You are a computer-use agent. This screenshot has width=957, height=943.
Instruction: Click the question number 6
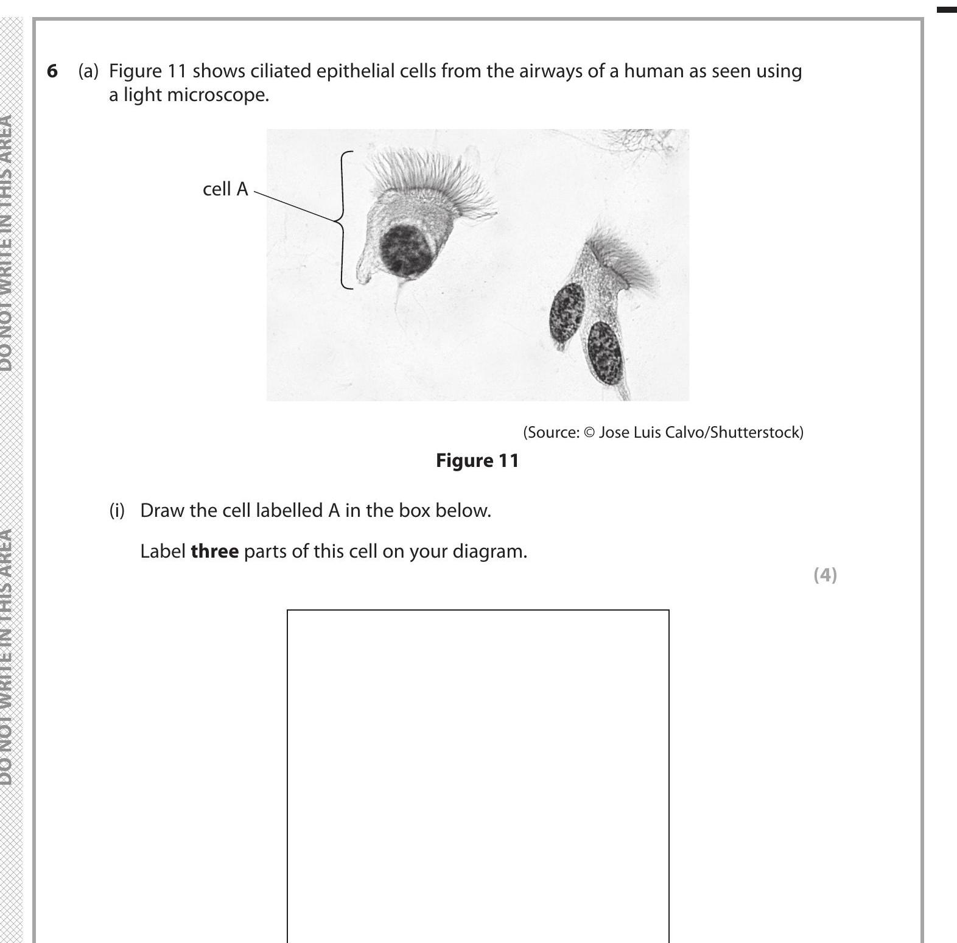coord(52,71)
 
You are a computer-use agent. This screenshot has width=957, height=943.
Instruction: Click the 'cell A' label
coord(225,189)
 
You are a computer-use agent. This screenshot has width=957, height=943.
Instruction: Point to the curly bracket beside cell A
coord(345,220)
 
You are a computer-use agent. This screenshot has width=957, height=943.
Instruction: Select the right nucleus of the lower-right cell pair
coord(604,352)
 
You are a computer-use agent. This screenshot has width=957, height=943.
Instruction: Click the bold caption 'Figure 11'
coord(477,460)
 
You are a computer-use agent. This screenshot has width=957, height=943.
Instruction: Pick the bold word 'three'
coord(214,552)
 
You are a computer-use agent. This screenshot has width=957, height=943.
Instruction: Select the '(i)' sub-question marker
coord(117,510)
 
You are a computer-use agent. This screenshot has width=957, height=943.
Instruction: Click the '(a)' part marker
coord(88,71)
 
